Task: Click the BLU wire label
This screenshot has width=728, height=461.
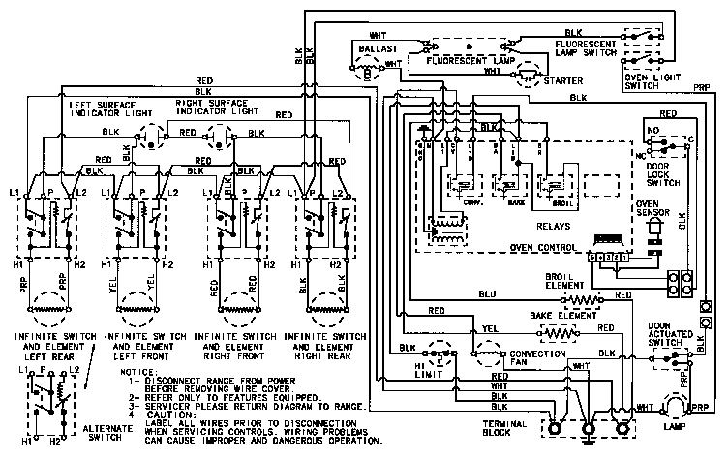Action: (x=486, y=294)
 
